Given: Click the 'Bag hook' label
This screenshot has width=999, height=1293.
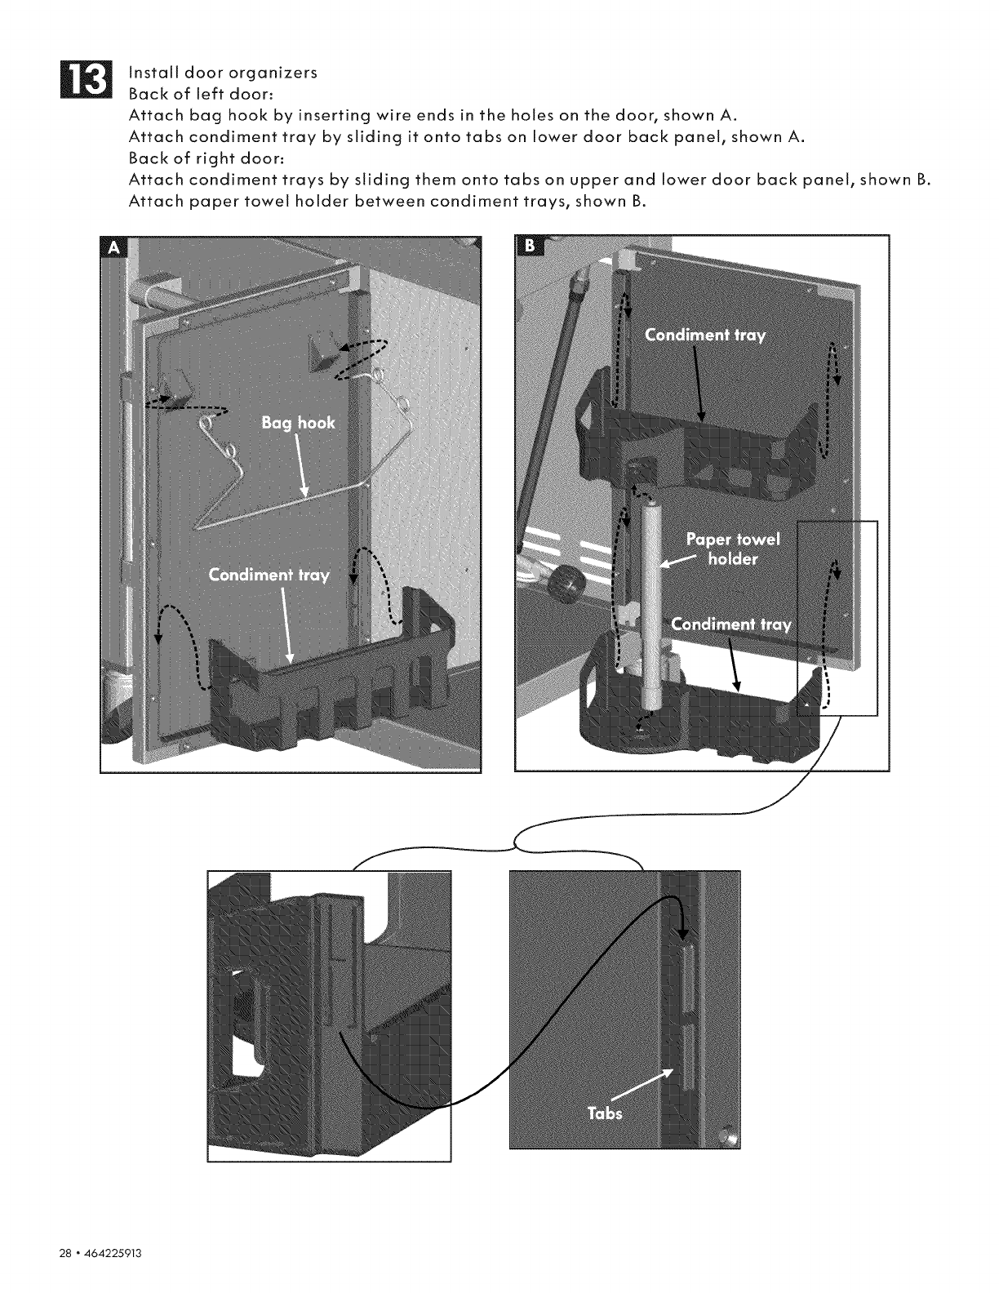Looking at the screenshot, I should click(x=298, y=423).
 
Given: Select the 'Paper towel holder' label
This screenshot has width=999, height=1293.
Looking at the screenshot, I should click(x=733, y=549).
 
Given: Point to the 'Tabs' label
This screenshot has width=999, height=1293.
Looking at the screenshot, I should click(x=604, y=1113).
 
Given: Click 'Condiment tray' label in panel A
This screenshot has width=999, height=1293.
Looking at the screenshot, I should click(x=269, y=575).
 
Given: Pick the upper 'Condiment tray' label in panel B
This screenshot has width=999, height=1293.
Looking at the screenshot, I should click(x=705, y=335).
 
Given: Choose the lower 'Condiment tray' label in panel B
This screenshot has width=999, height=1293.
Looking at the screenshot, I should click(x=730, y=625).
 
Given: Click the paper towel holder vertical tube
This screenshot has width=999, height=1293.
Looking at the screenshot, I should click(x=652, y=604).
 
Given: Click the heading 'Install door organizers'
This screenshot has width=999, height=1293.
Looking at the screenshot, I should click(x=223, y=72).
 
